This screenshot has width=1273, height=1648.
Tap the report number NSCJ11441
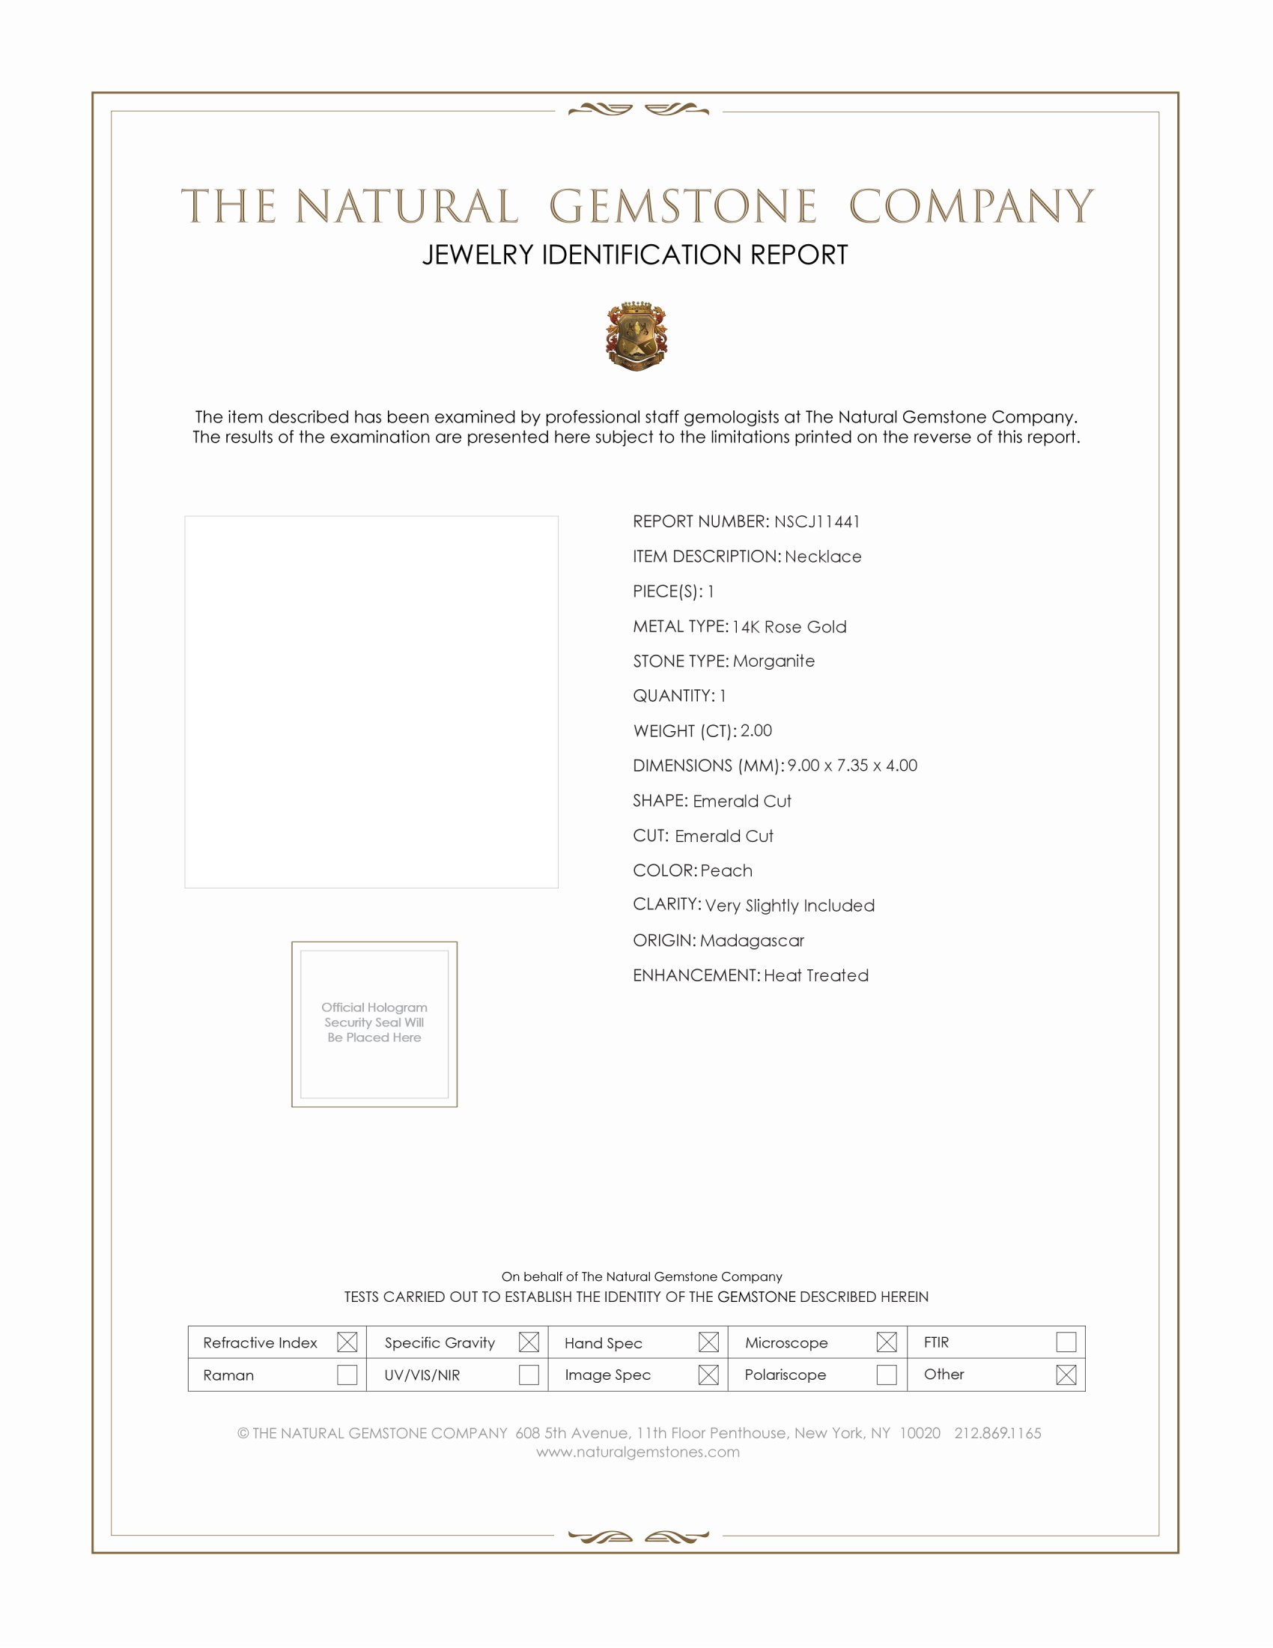click(817, 521)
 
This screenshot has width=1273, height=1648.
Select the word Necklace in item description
click(823, 557)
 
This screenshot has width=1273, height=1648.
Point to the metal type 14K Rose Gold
click(789, 627)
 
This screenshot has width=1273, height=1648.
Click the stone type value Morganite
click(774, 661)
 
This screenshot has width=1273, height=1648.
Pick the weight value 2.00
click(756, 730)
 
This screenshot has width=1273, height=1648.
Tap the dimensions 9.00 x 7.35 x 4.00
click(852, 765)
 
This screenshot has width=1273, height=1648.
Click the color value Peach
click(726, 870)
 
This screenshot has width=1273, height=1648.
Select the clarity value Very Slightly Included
click(789, 906)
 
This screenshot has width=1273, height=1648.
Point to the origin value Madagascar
click(752, 941)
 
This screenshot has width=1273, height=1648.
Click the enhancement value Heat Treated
click(816, 975)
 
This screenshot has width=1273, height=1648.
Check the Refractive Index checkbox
click(347, 1342)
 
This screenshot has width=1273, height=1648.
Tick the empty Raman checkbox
click(347, 1375)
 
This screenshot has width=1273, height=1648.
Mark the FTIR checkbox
click(1066, 1342)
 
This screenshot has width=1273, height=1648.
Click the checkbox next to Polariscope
click(887, 1375)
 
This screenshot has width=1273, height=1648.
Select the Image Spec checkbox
click(708, 1375)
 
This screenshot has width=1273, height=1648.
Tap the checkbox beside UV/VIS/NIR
click(529, 1375)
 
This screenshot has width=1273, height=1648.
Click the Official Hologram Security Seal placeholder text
click(374, 1023)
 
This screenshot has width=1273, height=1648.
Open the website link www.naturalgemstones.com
click(638, 1452)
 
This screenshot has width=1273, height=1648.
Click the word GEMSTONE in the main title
click(682, 207)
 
